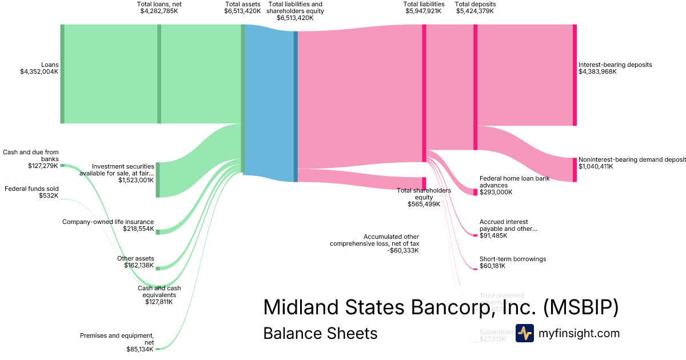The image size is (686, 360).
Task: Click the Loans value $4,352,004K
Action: point(39,71)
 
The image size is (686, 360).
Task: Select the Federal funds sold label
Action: point(32,189)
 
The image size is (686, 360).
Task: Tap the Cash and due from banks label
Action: point(31,155)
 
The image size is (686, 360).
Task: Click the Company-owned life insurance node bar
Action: point(158,232)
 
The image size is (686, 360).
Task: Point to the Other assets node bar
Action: point(158,268)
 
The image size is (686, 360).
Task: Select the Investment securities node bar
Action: point(158,179)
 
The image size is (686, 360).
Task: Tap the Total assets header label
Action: point(242,4)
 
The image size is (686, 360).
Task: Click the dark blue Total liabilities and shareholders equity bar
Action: point(296,106)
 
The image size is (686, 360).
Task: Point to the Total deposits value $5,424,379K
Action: point(474,11)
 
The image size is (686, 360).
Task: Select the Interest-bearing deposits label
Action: point(615,65)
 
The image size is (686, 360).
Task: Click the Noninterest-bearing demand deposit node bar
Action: point(575,170)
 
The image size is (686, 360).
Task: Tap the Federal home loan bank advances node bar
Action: point(475,192)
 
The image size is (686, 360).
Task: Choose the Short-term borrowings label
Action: point(513,259)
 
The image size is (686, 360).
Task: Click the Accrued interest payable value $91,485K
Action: point(493,235)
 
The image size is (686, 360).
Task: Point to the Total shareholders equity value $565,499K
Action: point(424,204)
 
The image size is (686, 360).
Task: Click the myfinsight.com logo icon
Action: point(525,333)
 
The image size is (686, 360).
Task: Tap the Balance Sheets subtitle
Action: point(320,333)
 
